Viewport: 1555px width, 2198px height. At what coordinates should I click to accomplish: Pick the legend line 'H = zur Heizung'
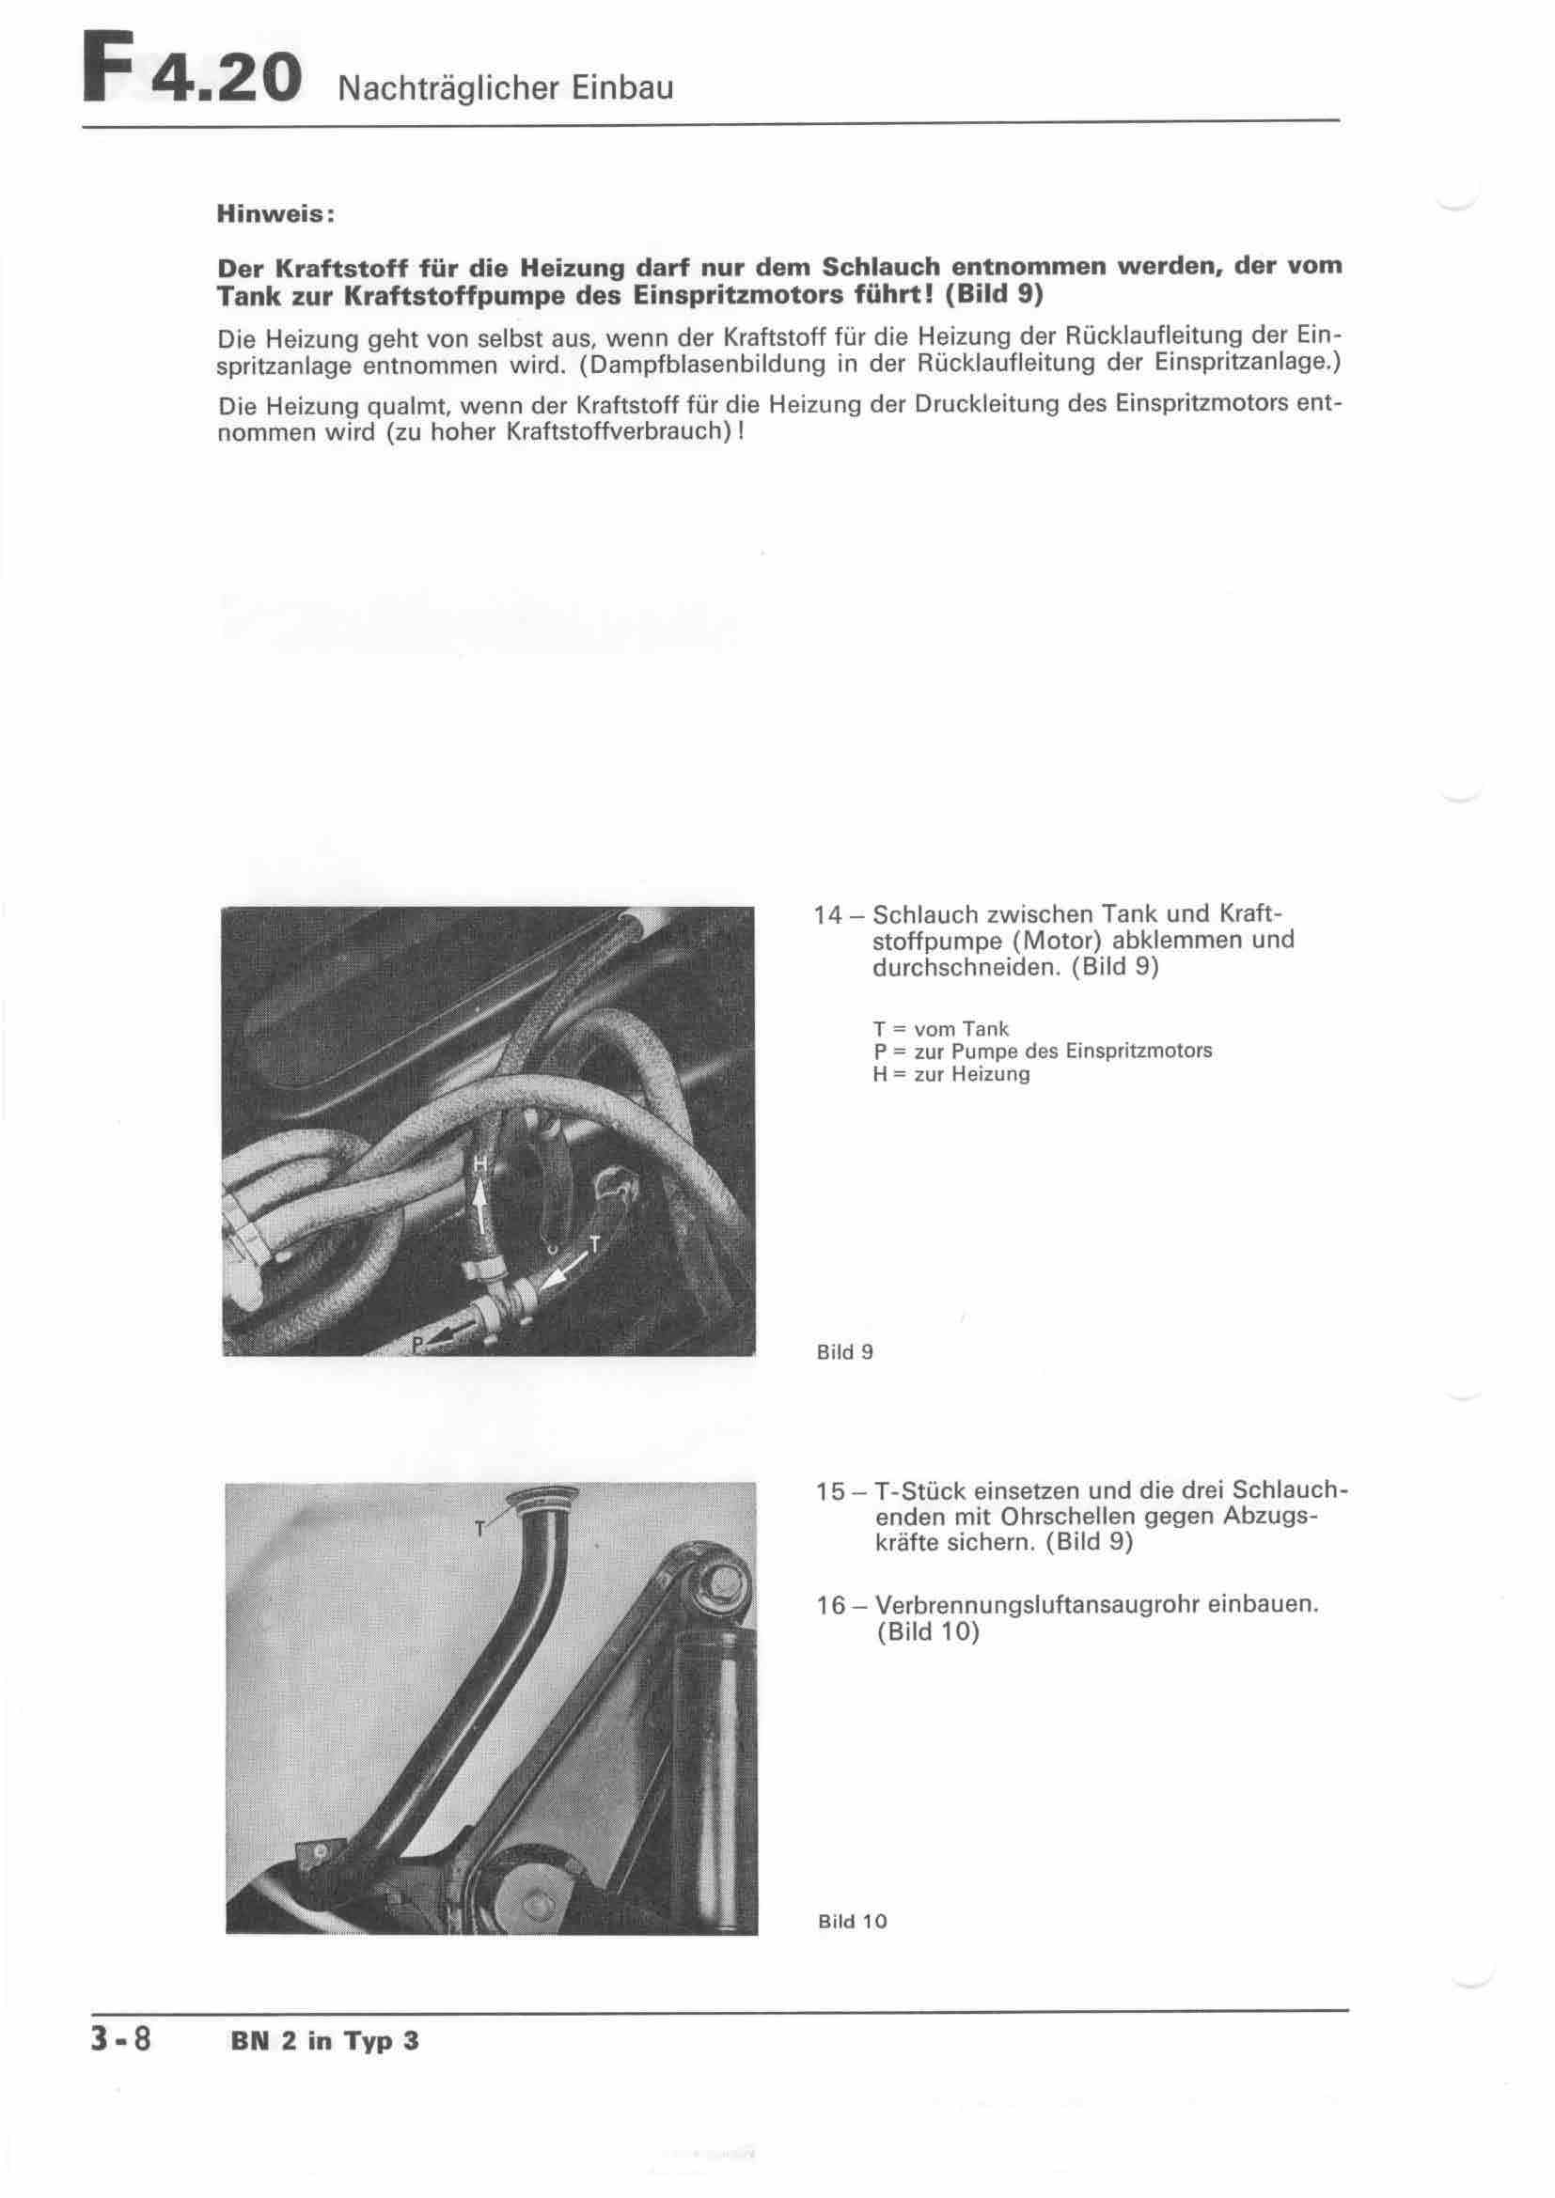(x=950, y=1074)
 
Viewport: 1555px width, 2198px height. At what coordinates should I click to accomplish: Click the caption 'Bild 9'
(x=844, y=1352)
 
